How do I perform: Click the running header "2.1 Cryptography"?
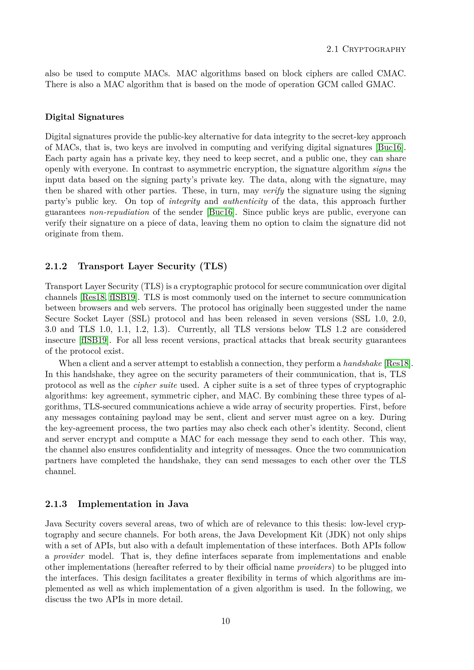366,49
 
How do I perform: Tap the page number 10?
226,621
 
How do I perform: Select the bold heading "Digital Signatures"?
84,117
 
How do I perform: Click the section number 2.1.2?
56,266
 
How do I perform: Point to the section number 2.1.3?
56,504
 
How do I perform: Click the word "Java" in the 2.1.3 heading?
178,504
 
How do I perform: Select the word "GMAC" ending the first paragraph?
381,84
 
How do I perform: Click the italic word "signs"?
382,169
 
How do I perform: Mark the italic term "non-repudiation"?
119,212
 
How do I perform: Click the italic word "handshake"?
362,363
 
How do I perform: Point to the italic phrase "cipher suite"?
155,385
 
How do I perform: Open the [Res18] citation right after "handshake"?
397,363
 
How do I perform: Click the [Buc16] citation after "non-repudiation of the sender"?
220,212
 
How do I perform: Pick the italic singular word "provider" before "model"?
69,556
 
